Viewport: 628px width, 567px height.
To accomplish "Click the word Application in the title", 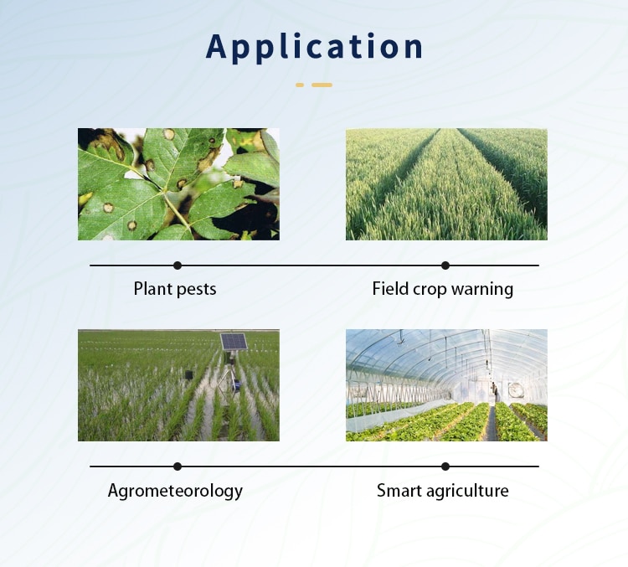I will [x=315, y=47].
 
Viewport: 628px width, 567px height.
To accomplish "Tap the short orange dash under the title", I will [x=300, y=85].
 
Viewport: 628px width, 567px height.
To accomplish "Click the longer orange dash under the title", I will [x=322, y=85].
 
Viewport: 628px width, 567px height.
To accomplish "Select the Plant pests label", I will [x=175, y=290].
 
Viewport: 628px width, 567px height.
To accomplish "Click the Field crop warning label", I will [x=443, y=290].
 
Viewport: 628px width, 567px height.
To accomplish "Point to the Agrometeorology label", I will [x=175, y=491].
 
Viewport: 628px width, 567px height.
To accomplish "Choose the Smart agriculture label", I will [x=443, y=491].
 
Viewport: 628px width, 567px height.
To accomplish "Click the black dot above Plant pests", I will [x=178, y=265].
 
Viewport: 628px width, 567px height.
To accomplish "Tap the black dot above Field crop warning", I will [x=445, y=265].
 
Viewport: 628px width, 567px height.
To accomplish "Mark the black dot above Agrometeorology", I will [x=178, y=466].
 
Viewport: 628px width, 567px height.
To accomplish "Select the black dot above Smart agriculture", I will [x=445, y=466].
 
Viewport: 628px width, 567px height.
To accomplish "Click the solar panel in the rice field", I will [x=234, y=342].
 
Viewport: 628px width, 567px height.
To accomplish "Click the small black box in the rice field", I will [x=189, y=374].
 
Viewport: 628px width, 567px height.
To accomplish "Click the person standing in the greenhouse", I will [x=494, y=391].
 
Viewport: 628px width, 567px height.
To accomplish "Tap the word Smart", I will [x=399, y=491].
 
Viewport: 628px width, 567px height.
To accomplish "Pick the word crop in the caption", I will [x=430, y=290].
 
